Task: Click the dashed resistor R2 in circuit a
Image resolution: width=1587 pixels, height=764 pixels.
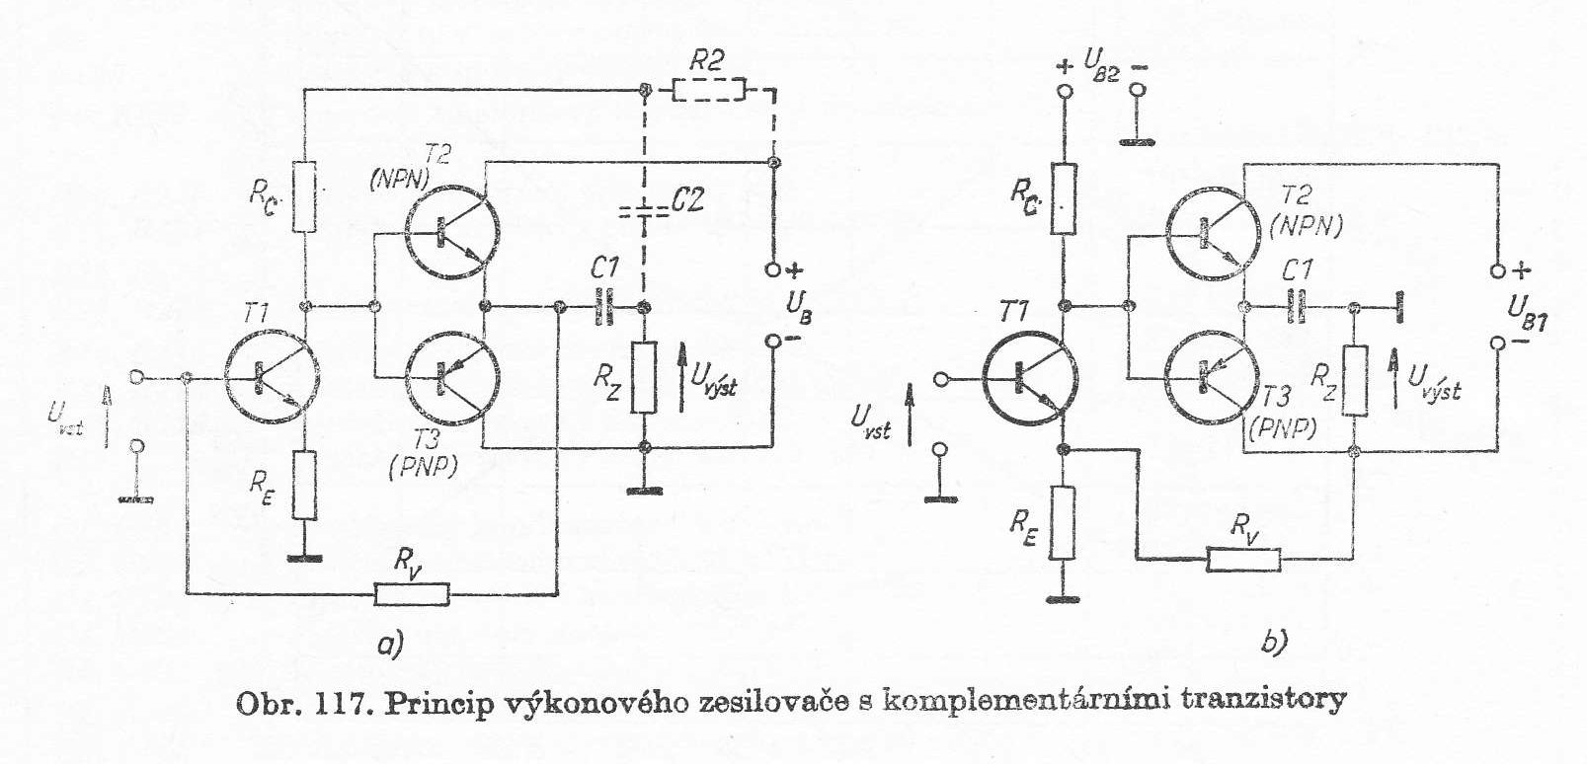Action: click(x=708, y=91)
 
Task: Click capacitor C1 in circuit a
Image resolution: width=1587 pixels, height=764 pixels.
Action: click(x=604, y=306)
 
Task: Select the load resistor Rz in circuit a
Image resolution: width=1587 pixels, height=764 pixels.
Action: click(x=643, y=376)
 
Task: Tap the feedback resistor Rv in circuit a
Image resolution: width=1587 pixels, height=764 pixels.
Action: click(x=412, y=594)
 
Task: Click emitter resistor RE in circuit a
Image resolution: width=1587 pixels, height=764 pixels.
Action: click(x=304, y=486)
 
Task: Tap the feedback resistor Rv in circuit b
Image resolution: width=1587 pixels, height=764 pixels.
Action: click(x=1243, y=561)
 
